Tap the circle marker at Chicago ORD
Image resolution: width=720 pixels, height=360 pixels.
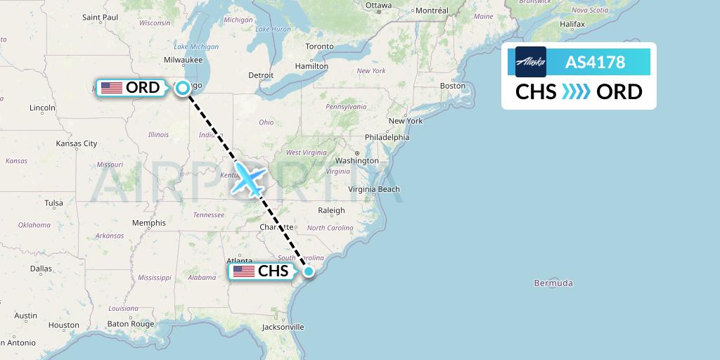[183, 88]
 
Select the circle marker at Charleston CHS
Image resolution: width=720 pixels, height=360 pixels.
[309, 271]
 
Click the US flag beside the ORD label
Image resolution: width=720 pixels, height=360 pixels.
[112, 88]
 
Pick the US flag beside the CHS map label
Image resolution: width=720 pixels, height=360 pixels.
[243, 271]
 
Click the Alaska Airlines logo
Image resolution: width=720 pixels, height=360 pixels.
[530, 62]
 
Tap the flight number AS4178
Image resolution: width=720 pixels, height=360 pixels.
[595, 62]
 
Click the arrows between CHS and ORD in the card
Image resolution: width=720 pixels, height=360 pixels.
[577, 92]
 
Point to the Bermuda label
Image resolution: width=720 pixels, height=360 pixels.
[553, 283]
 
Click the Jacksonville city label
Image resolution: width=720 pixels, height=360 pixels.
[283, 327]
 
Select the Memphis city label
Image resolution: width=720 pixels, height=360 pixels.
[148, 223]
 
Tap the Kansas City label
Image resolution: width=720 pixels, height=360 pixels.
[77, 143]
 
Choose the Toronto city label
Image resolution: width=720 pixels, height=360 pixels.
[319, 46]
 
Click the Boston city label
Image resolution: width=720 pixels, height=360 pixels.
[452, 86]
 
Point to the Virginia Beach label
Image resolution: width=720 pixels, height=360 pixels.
[374, 189]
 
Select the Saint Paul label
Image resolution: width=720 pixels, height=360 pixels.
[100, 17]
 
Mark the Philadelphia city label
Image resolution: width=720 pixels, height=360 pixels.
[387, 137]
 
